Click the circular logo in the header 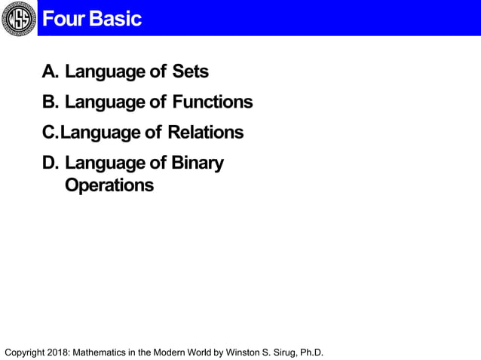coord(18,18)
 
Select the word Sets coord(190,72)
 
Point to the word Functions coord(212,102)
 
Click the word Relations coord(205,133)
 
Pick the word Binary coord(198,163)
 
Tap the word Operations coord(109,185)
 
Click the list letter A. coord(50,72)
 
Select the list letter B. coord(50,102)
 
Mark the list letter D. coord(50,163)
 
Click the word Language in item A coord(105,72)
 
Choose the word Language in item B coord(105,102)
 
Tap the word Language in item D coord(105,163)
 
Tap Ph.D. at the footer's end coord(310,352)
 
